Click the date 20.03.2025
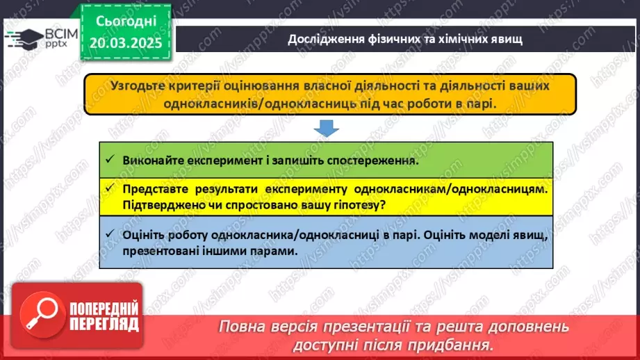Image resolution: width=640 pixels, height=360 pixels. pyautogui.click(x=126, y=43)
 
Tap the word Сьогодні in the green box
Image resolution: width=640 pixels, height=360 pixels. pyautogui.click(x=126, y=22)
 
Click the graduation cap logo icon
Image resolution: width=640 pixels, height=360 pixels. pyautogui.click(x=23, y=39)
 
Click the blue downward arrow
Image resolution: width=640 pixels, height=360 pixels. pyautogui.click(x=326, y=129)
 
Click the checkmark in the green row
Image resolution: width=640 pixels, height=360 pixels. pyautogui.click(x=109, y=158)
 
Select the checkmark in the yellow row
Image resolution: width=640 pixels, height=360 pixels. pyautogui.click(x=109, y=188)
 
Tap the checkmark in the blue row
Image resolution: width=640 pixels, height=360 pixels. pyautogui.click(x=109, y=234)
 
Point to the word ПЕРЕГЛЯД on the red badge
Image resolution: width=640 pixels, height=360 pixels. pyautogui.click(x=104, y=325)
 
